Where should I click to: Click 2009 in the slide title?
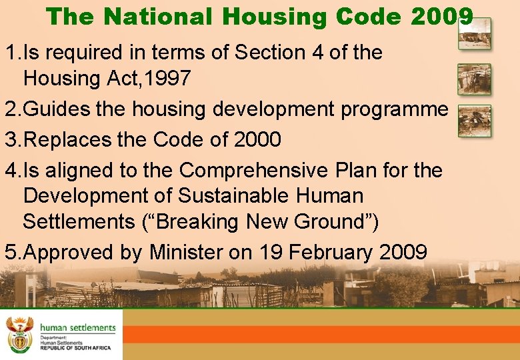[442, 16]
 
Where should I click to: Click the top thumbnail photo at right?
[474, 33]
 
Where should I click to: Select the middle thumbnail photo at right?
[474, 79]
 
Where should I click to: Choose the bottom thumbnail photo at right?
[474, 121]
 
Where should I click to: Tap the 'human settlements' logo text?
[77, 328]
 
